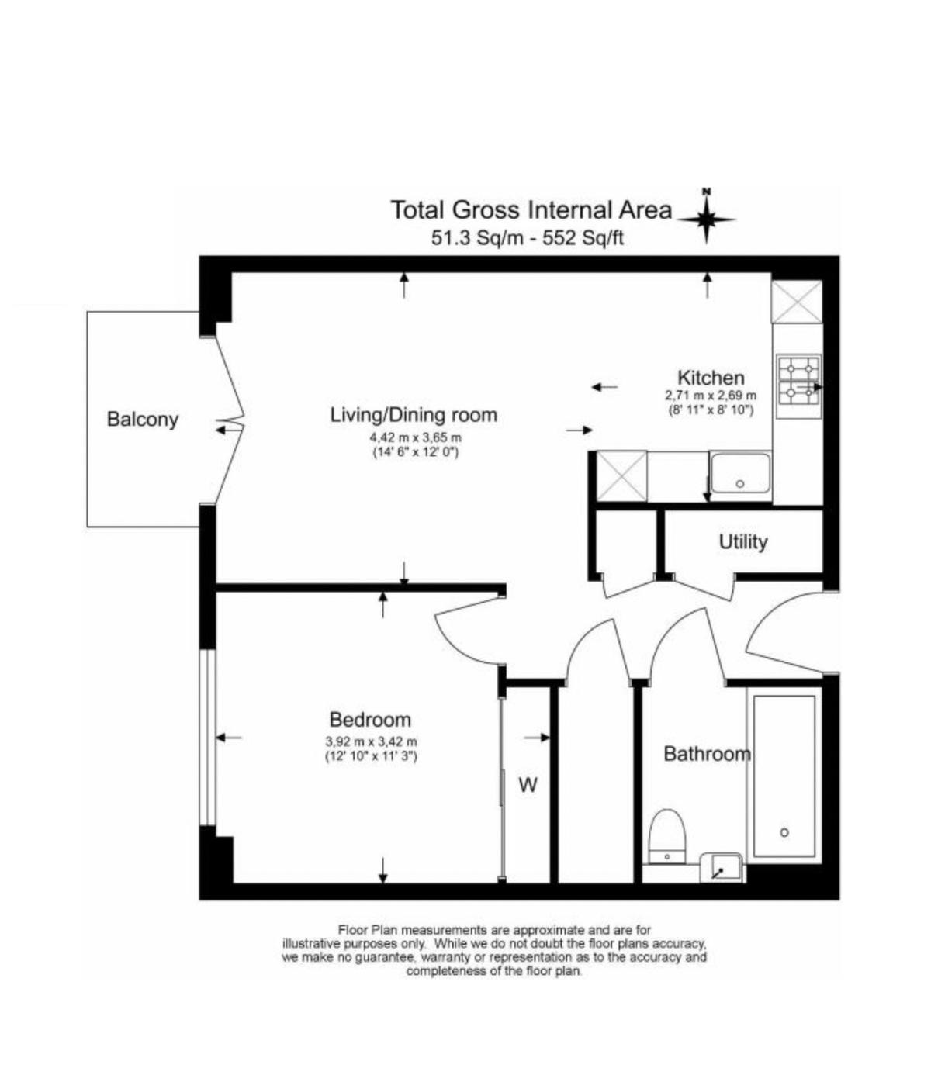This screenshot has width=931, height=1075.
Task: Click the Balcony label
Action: pos(143,420)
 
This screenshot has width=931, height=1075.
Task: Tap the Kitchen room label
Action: pos(711,377)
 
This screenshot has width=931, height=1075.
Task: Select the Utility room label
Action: pos(743,542)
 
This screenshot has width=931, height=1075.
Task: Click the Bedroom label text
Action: pos(370,720)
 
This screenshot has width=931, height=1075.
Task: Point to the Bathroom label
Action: pos(708,754)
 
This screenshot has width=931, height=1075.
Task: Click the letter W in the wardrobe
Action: pos(528,786)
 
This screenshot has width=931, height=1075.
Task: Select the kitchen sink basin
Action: pos(740,473)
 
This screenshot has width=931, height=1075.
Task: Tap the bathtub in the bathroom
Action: pos(784,776)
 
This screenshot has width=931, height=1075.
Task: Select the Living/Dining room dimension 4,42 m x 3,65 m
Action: pos(416,437)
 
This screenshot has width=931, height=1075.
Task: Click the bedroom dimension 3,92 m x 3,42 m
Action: pos(371,741)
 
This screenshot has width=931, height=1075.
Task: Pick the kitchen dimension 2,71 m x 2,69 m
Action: pos(711,396)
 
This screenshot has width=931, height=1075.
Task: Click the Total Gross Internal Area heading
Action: pos(531,211)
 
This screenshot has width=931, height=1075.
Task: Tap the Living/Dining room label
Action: pos(414,415)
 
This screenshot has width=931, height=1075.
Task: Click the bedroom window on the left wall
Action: pos(208,738)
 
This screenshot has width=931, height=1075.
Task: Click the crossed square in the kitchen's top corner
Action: pos(797,302)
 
